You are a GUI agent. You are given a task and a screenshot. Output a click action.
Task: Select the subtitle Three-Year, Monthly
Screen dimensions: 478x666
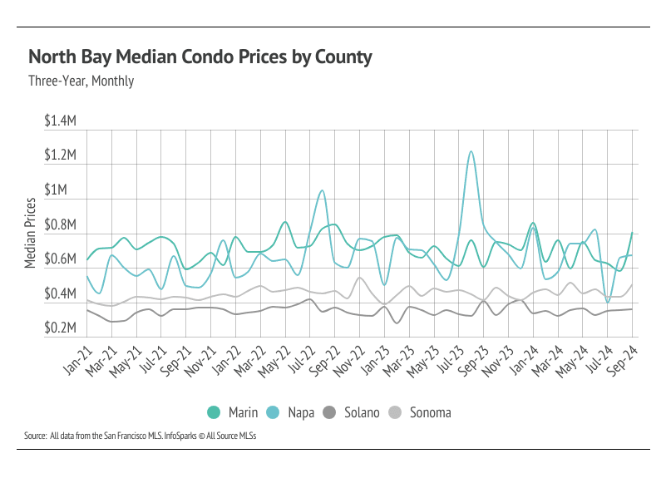[x=81, y=81]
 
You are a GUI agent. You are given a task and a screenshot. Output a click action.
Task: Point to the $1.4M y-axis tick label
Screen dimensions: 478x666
[x=60, y=121]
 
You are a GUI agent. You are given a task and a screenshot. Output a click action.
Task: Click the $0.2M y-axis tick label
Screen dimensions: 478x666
[x=60, y=329]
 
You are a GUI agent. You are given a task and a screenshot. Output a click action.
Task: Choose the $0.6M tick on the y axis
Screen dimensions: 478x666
[x=60, y=259]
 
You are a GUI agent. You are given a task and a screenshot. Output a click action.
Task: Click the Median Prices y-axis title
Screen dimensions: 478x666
[x=30, y=232]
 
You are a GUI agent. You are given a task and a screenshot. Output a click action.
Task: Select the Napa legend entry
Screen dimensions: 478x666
[x=291, y=412]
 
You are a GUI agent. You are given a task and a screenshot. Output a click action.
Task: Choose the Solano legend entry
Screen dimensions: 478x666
[x=353, y=412]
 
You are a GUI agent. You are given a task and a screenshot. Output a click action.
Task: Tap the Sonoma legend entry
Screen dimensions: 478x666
[x=423, y=412]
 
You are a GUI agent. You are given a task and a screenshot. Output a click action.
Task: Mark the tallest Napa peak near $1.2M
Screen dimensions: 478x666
[x=471, y=151]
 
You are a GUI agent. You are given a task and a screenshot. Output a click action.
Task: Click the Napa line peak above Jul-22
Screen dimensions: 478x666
[x=321, y=190]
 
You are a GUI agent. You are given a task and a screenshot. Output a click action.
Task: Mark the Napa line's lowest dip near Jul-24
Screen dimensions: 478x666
[x=608, y=302]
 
